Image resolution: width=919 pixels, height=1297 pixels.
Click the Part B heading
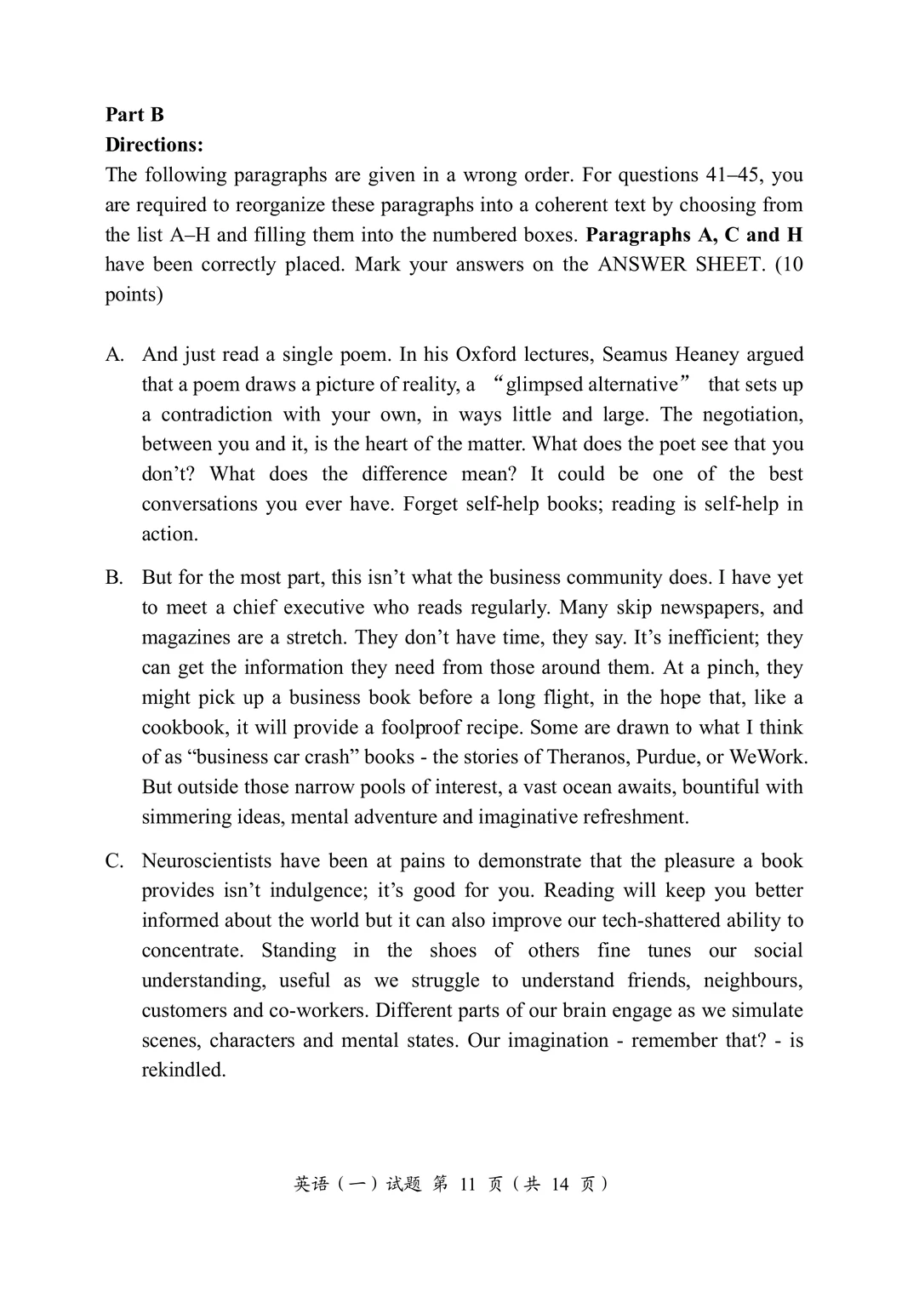(134, 115)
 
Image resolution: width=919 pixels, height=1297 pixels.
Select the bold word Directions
(154, 145)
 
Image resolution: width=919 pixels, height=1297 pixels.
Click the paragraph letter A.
(114, 355)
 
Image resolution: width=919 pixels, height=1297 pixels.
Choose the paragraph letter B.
(114, 578)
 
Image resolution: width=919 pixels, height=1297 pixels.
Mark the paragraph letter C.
(114, 861)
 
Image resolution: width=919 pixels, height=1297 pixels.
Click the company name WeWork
(767, 757)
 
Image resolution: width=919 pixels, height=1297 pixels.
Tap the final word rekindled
(183, 1071)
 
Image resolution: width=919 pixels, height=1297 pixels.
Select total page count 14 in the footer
(559, 1184)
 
